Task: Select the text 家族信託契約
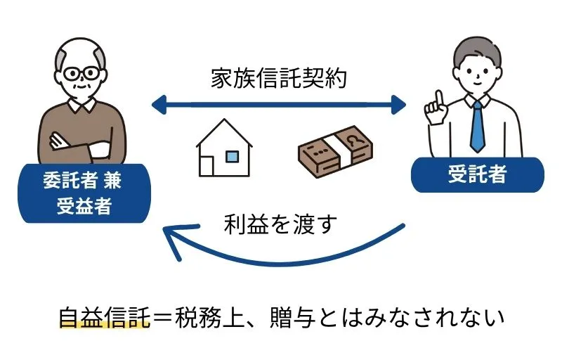point(279,78)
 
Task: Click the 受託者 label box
point(477,174)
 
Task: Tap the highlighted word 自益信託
point(105,317)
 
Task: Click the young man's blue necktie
point(478,127)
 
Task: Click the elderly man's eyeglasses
point(84,74)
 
